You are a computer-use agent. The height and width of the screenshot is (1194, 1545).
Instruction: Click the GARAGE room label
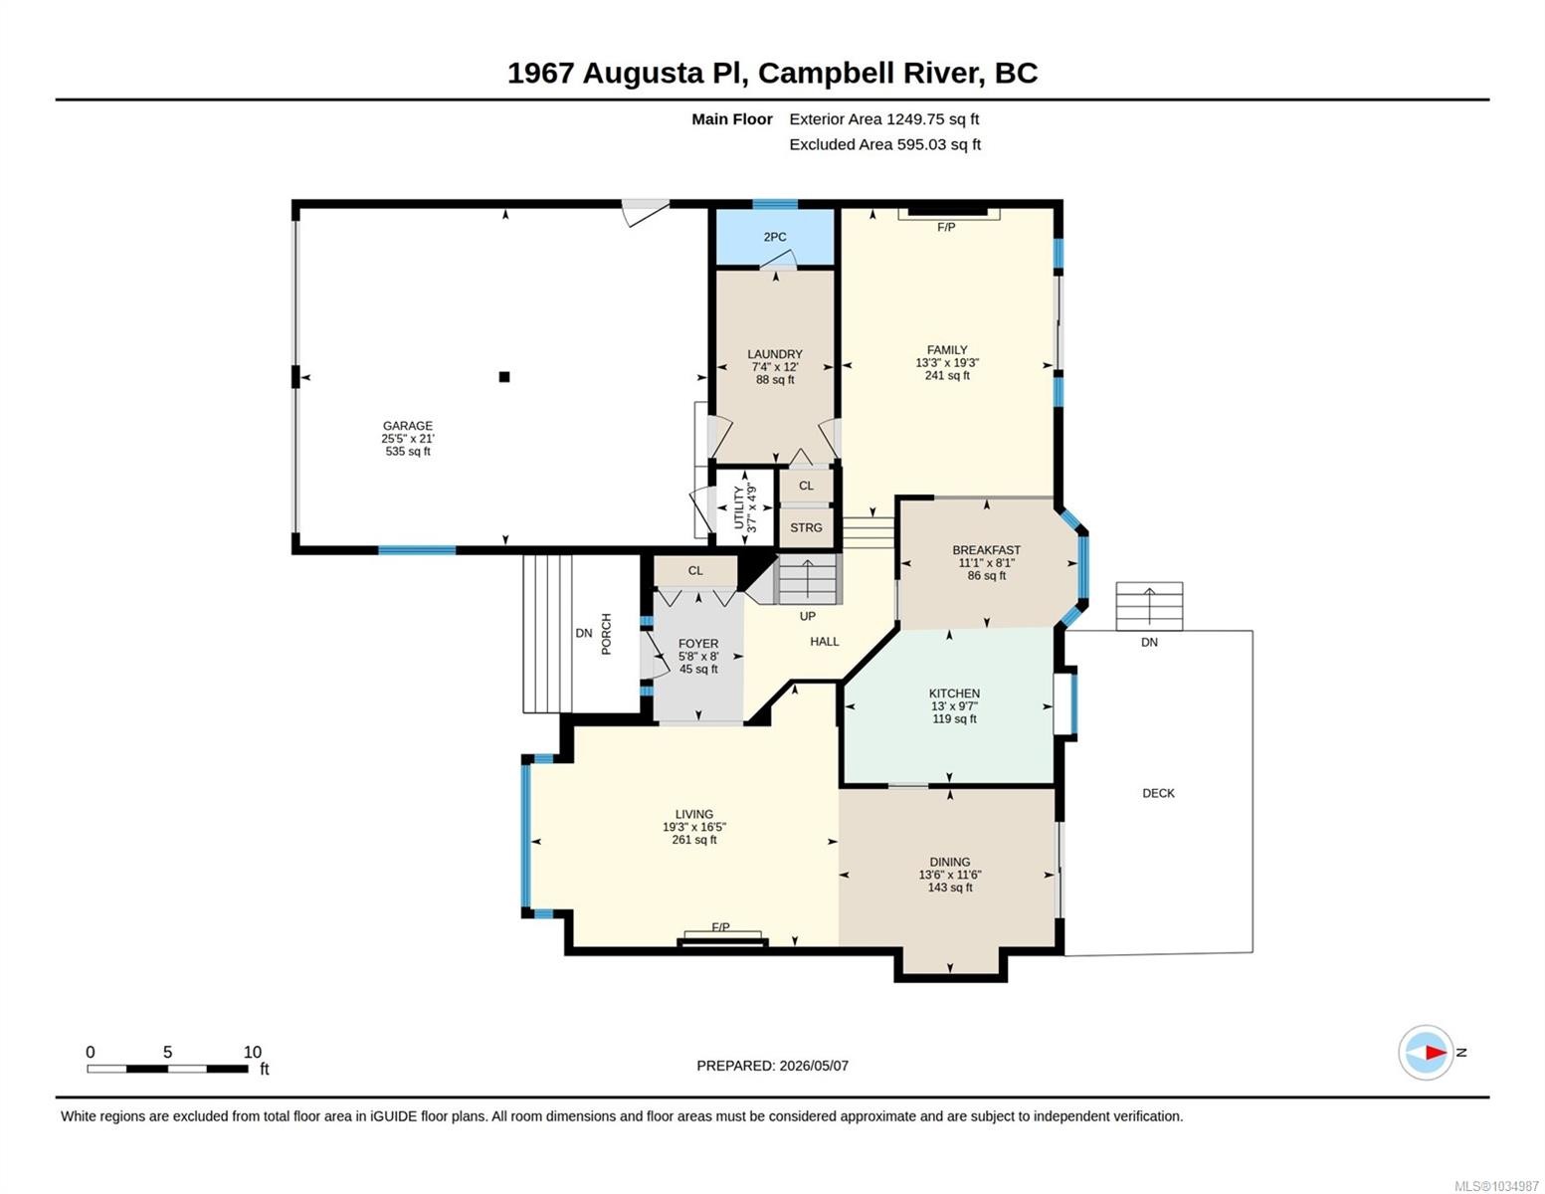[408, 425]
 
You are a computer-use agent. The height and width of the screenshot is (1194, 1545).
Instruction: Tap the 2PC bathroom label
[774, 237]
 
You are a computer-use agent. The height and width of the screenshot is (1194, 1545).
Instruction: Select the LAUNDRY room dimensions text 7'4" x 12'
[775, 367]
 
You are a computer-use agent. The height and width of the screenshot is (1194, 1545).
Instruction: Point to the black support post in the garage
[504, 377]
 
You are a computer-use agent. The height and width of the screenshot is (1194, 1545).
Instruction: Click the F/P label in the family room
[946, 228]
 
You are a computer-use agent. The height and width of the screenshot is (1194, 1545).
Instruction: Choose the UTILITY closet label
[739, 507]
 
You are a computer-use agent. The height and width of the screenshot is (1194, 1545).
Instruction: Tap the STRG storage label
[806, 527]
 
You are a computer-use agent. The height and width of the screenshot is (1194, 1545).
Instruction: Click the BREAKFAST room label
[986, 549]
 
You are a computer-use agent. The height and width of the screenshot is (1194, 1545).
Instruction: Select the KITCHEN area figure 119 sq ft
[954, 719]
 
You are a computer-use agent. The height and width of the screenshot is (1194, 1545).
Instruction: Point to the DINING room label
[950, 862]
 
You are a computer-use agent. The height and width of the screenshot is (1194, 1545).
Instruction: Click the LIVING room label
[694, 814]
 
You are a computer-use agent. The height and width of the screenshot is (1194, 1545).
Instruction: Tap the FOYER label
[698, 644]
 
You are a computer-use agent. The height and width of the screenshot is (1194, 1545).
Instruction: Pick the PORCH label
[606, 634]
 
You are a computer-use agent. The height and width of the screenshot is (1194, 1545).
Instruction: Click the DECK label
[1158, 793]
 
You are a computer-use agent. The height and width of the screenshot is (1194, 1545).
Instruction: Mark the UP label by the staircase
[808, 616]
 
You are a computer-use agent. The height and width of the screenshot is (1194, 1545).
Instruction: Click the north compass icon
[1426, 1053]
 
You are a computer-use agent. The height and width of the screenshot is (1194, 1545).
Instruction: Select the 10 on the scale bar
[253, 1052]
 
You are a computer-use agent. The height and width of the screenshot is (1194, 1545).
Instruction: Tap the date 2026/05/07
[814, 1066]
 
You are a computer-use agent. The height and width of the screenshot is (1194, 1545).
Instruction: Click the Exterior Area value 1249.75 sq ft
[932, 119]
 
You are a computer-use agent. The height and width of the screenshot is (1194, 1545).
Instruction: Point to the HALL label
[825, 642]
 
